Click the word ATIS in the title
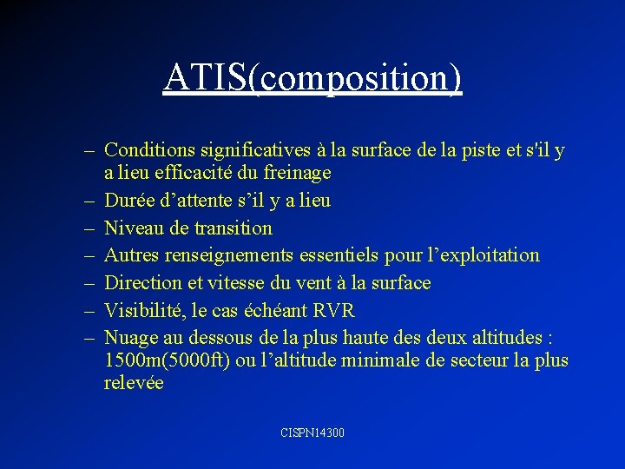[x=205, y=78]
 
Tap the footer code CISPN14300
[x=312, y=432]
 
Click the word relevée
[x=134, y=382]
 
